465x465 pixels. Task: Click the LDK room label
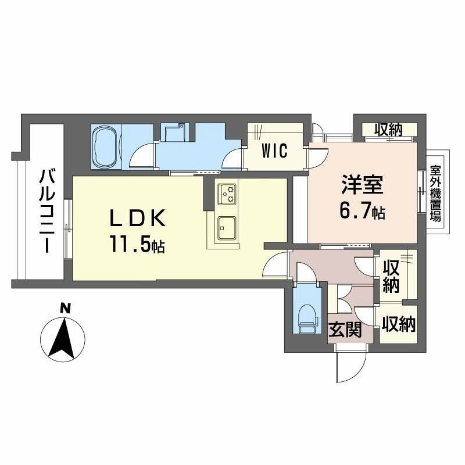[139, 218]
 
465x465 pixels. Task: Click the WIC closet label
[274, 152]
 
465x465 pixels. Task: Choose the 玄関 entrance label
[346, 331]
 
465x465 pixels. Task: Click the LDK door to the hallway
[274, 265]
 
